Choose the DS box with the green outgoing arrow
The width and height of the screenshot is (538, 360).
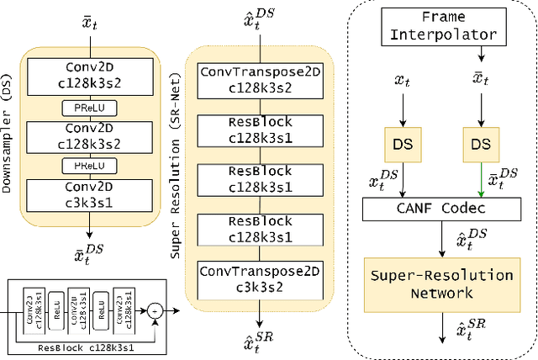tap(480, 144)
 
